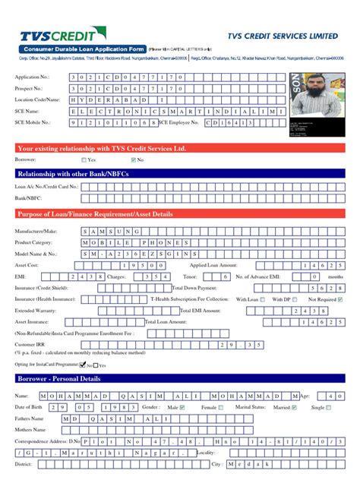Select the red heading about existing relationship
tap(101, 148)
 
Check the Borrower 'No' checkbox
tap(133, 160)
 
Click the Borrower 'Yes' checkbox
tap(84, 160)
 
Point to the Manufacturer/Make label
tap(36, 230)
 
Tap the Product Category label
tap(33, 242)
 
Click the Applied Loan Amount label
tap(215, 265)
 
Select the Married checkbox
tap(298, 408)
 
